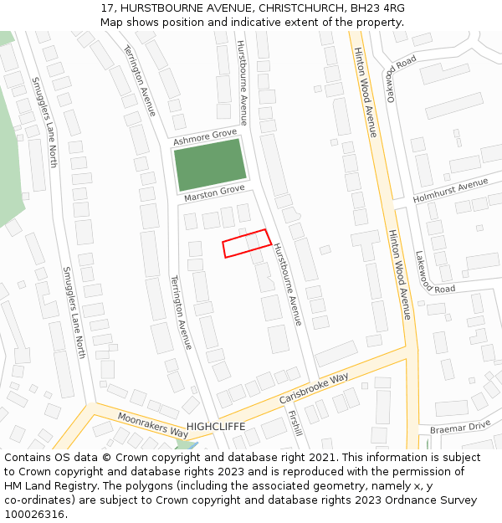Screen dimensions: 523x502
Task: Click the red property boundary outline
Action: click(247, 244)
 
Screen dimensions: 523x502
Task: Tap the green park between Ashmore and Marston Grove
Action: click(209, 163)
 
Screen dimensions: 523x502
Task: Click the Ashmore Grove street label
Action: click(205, 137)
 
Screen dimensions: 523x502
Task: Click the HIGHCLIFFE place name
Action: click(216, 426)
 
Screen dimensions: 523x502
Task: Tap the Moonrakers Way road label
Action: click(153, 425)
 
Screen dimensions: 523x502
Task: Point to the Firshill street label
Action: click(295, 423)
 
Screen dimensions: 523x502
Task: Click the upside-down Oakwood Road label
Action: click(400, 76)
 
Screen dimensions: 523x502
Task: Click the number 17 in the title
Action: click(108, 8)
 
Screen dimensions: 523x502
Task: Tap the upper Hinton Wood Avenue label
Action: click(366, 92)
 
